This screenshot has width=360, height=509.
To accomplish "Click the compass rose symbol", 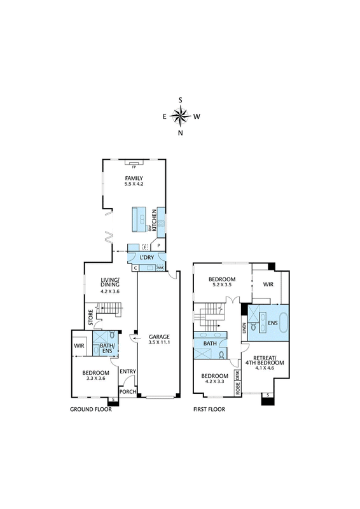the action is click(x=180, y=116).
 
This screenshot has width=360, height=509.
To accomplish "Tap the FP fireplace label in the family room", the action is click(x=134, y=167).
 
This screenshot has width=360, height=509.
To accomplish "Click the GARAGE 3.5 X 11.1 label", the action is click(x=159, y=340).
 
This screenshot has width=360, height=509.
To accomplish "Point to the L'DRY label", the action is click(x=146, y=258).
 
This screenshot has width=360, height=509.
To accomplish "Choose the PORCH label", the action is click(x=128, y=392).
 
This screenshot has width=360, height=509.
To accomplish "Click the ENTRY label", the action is click(x=128, y=372).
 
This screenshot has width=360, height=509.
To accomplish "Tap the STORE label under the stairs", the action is click(x=90, y=317).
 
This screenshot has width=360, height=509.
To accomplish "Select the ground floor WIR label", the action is click(x=79, y=345).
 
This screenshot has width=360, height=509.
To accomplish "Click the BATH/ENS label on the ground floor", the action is click(x=106, y=348).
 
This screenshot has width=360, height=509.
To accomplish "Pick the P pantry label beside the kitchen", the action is click(x=159, y=246).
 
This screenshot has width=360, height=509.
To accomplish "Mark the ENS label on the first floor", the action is click(x=273, y=323).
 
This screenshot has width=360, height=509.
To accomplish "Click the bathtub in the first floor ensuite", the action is click(x=283, y=323).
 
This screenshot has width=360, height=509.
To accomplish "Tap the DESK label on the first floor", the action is click(x=238, y=375).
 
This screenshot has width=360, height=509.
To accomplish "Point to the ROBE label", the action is click(x=238, y=388).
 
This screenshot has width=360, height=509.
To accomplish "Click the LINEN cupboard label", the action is click(x=244, y=327).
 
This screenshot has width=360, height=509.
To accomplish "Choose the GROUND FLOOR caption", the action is click(x=91, y=409).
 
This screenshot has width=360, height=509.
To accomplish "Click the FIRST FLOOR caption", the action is click(x=209, y=409).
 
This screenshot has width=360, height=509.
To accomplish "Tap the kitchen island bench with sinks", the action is click(x=139, y=220).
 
